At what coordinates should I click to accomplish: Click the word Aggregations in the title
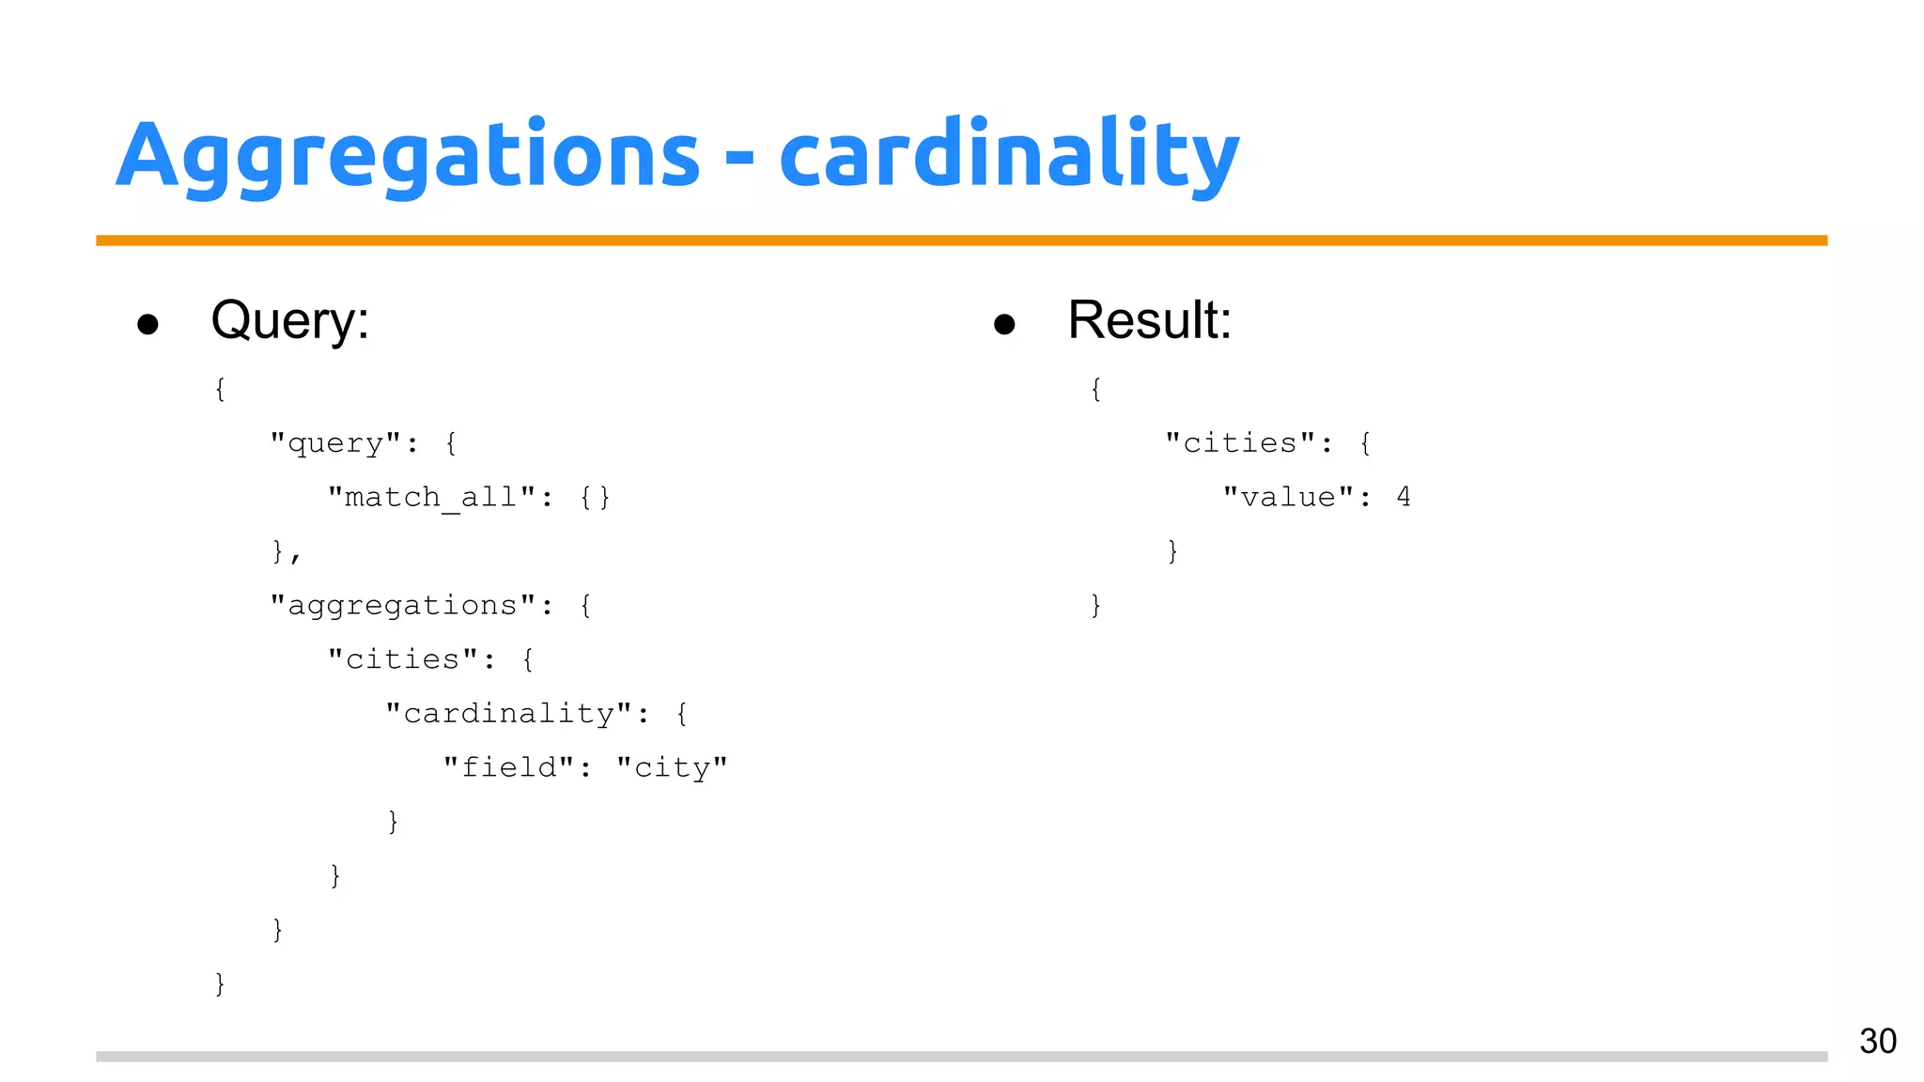point(408,155)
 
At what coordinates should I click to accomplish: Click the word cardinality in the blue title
point(1009,155)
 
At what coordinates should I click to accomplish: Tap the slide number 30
point(1877,1041)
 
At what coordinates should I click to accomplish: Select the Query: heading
point(289,320)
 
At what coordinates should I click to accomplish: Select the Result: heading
point(1149,320)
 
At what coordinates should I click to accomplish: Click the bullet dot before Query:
point(147,324)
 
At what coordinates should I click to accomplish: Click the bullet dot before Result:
point(1004,324)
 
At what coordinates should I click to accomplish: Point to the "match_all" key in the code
point(431,497)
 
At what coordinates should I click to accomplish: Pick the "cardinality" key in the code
point(508,714)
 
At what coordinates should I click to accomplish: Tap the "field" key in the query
point(508,767)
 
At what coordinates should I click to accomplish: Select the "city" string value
point(672,767)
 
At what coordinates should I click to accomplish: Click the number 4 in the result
point(1404,497)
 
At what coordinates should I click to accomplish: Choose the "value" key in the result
point(1287,497)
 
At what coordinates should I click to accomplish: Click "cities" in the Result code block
point(1239,442)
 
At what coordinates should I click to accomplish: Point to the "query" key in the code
point(335,442)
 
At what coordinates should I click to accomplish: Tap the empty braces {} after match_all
point(595,497)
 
